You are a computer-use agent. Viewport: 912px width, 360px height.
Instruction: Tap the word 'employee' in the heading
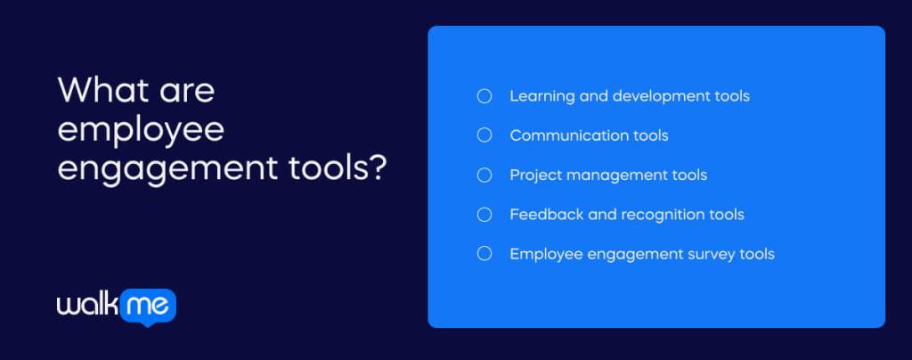[x=141, y=131]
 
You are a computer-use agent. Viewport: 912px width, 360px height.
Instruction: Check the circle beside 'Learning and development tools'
[x=484, y=96]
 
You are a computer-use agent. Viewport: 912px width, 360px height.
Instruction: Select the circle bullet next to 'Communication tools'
[x=484, y=135]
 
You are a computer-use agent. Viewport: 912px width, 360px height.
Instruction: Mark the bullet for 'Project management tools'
[x=484, y=175]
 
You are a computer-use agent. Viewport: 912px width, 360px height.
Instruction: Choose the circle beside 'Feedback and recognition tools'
[x=484, y=214]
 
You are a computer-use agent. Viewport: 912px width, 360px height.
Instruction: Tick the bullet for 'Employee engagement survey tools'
[x=484, y=254]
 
